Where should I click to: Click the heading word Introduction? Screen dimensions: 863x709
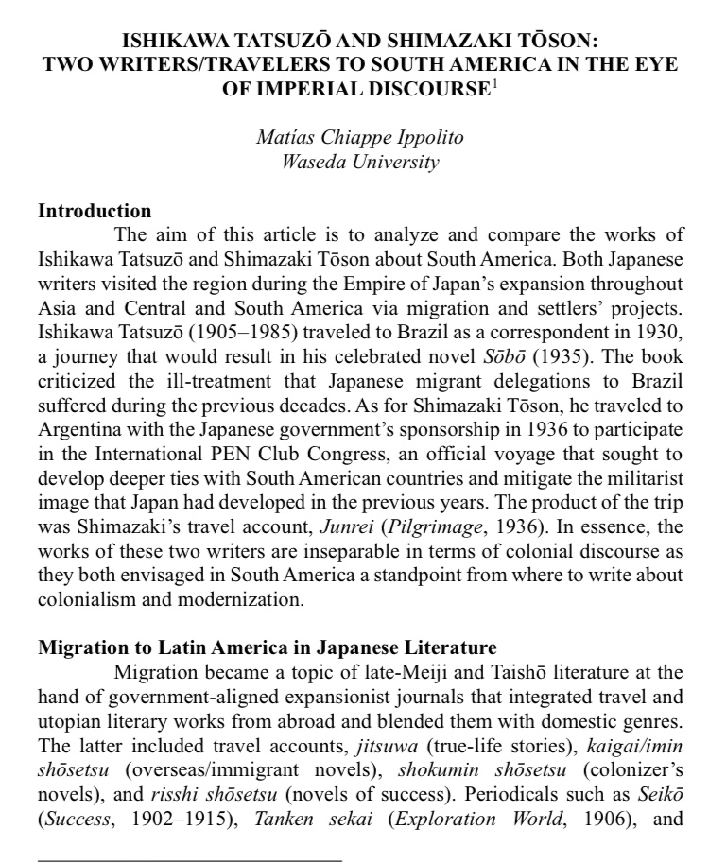point(95,211)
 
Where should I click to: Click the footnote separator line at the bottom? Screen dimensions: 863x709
point(189,860)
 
